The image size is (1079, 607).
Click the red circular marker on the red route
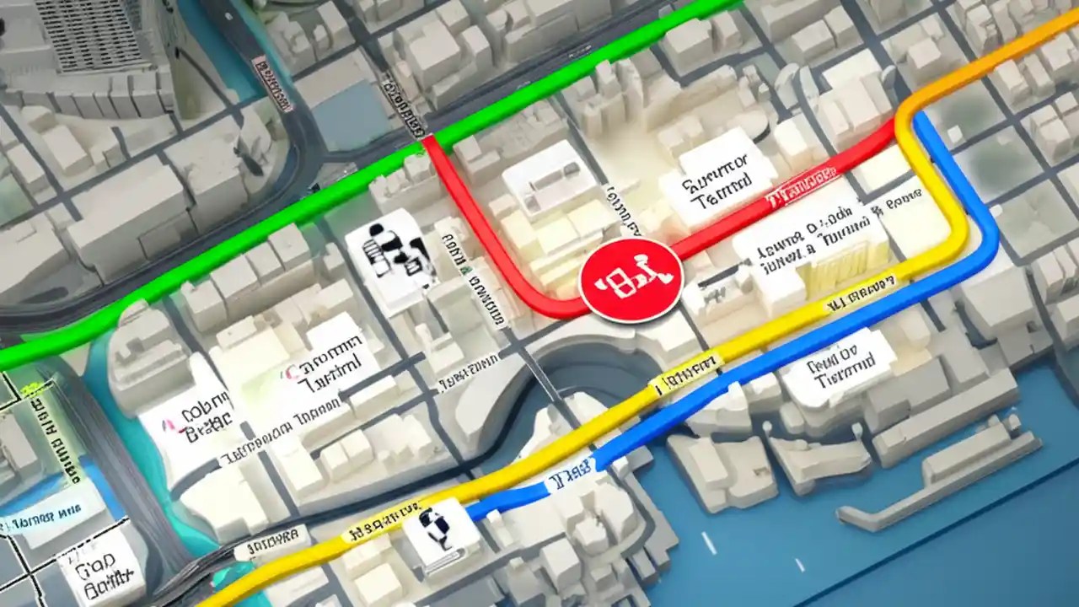click(x=631, y=277)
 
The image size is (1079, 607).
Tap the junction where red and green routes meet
click(x=427, y=141)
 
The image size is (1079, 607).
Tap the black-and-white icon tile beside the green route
click(x=390, y=254)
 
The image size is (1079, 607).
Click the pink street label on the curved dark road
click(x=273, y=84)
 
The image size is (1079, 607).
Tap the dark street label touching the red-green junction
click(x=404, y=105)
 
